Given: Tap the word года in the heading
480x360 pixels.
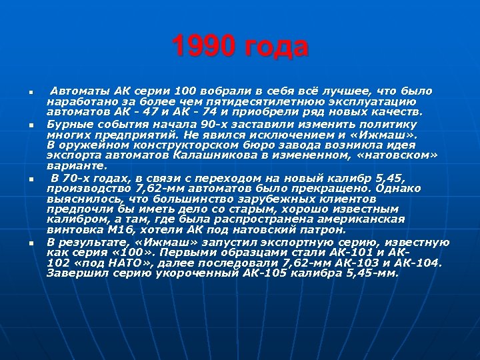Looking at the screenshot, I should point(275,47).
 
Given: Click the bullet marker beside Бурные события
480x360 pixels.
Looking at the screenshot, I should point(31,125).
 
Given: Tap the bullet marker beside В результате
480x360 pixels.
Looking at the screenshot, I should point(31,243).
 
